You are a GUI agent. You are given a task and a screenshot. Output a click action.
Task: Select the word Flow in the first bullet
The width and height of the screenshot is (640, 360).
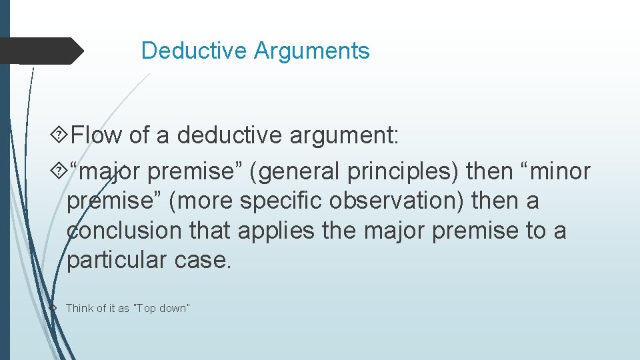point(96,136)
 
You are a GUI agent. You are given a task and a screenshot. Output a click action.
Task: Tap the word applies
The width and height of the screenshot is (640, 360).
point(275,231)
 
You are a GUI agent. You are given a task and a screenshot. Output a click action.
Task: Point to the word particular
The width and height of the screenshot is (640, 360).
point(114,260)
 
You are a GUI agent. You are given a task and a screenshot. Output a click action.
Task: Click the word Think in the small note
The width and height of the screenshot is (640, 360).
point(79,308)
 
